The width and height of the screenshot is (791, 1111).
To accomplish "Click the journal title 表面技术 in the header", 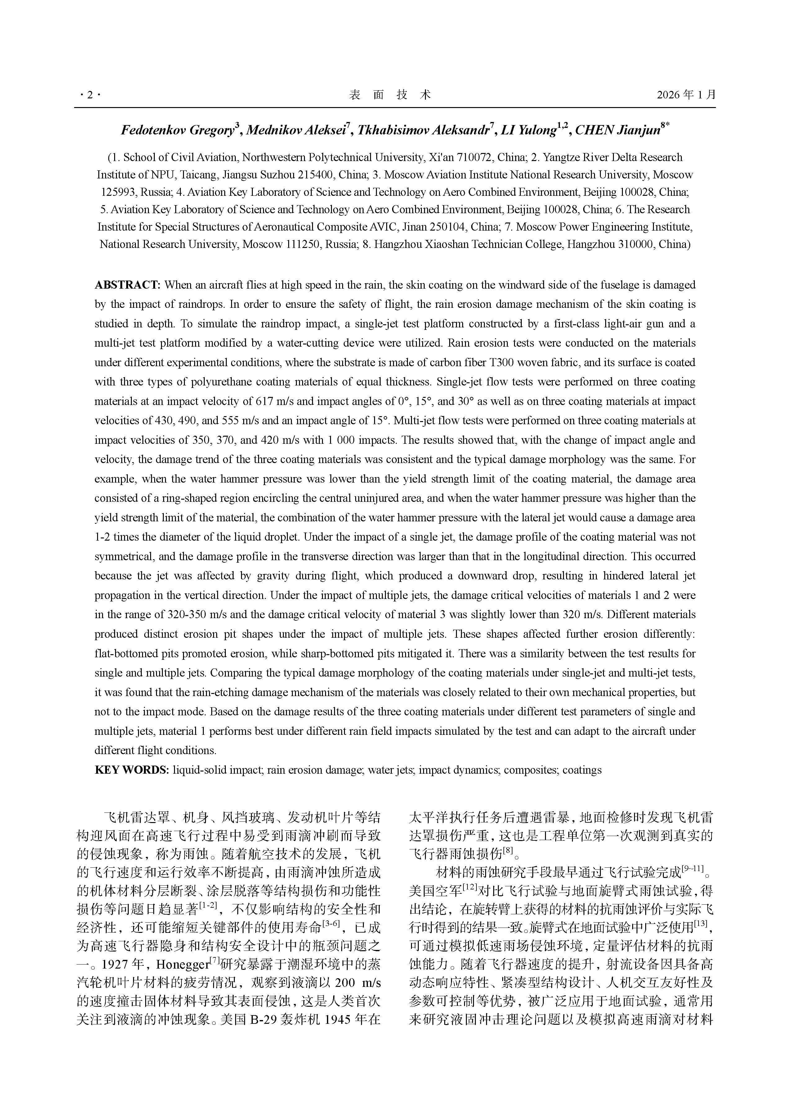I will [x=390, y=95].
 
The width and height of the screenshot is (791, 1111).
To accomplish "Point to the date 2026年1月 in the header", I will [x=686, y=95].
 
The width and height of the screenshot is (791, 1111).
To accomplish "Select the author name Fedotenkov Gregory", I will [x=178, y=130].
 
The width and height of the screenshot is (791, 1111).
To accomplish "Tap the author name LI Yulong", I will [x=529, y=130].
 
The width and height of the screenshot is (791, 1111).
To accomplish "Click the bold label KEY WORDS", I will [x=132, y=770].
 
